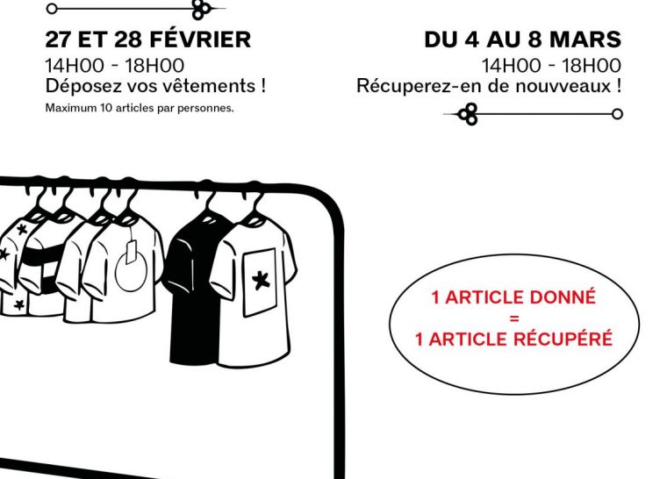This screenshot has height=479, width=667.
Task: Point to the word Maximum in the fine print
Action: [x=68, y=110]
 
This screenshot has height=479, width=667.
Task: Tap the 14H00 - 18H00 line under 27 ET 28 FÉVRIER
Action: [x=115, y=65]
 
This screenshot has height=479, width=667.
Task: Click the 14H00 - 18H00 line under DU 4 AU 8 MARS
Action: [x=551, y=65]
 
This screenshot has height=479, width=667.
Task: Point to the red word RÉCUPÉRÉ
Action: [x=568, y=339]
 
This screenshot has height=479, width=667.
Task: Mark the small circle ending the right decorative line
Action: [x=617, y=114]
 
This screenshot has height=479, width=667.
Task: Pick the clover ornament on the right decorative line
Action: [x=469, y=114]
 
